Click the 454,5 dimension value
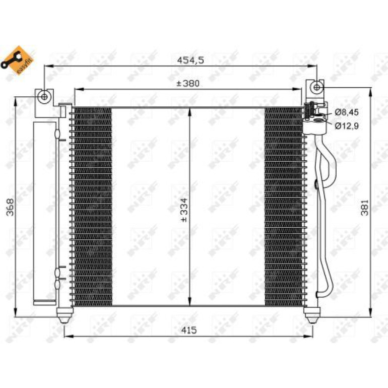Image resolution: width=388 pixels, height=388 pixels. pos(190,60)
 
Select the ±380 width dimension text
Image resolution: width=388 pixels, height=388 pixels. pos(188,83)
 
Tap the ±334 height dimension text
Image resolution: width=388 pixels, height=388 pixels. pos(184,210)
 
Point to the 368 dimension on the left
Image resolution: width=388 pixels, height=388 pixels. pos(10,207)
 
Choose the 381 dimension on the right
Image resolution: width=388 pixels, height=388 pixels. pos(364,208)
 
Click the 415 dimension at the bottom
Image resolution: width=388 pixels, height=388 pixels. pos(189,330)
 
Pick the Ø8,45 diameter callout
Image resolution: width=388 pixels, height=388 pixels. pos(347,112)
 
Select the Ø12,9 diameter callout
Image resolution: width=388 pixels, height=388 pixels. pos(347,126)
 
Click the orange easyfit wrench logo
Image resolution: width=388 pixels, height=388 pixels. pos(17,60)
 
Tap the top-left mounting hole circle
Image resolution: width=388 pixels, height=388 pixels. pos(44,97)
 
